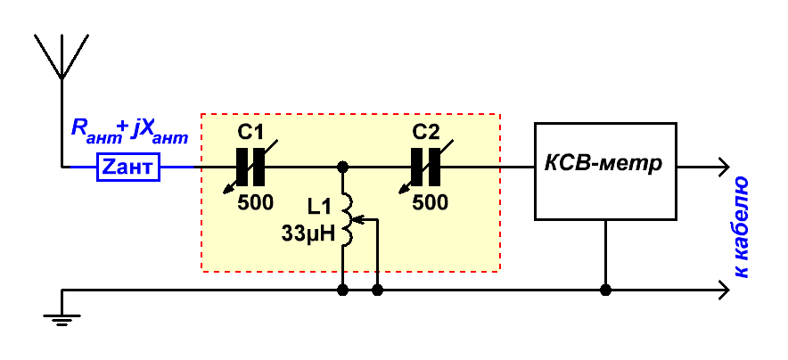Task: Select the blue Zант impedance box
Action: pyautogui.click(x=128, y=167)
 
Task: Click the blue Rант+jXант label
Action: pyautogui.click(x=129, y=130)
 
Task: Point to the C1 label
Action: pyautogui.click(x=250, y=133)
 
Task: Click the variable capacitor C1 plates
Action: pyautogui.click(x=250, y=167)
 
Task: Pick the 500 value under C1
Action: pyautogui.click(x=256, y=202)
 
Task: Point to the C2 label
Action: pyautogui.click(x=426, y=133)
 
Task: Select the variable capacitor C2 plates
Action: pyautogui.click(x=426, y=167)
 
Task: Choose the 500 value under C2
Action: pyautogui.click(x=431, y=202)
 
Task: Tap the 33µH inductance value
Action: pyautogui.click(x=308, y=233)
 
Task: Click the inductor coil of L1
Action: pyautogui.click(x=348, y=219)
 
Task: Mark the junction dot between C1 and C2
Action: pyautogui.click(x=342, y=167)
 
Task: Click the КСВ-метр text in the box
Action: pyautogui.click(x=604, y=164)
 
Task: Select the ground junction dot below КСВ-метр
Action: pyautogui.click(x=605, y=290)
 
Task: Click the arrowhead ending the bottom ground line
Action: pyautogui.click(x=724, y=290)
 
